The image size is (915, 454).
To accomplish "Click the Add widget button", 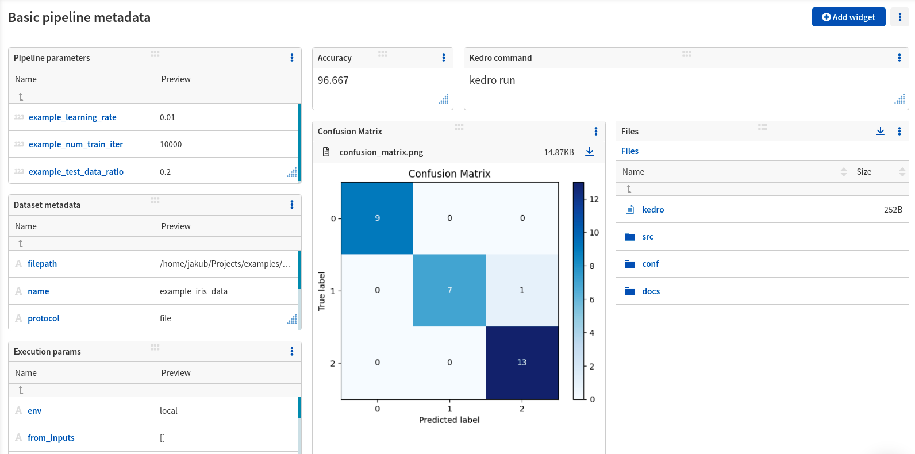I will pos(848,17).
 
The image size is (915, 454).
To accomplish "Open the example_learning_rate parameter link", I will pos(72,117).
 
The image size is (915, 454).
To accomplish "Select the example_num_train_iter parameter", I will pos(76,144).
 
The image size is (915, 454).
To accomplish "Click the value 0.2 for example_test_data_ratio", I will pos(165,172).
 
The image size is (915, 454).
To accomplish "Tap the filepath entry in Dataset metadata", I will pos(42,264).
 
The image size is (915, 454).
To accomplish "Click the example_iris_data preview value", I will pos(194,291).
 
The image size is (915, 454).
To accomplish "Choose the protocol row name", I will pos(44,318).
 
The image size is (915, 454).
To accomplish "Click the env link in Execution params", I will pos(34,411).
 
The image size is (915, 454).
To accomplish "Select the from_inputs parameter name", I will pos(51,438).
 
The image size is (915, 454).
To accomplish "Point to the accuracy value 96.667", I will pos(333,80).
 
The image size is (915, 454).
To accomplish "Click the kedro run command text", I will pos(492,80).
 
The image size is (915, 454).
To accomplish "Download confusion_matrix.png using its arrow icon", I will pos(589,152).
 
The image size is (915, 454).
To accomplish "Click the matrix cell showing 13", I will pos(522,363).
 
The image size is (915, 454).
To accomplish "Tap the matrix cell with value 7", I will pos(449,290).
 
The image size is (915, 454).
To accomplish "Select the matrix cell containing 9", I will pos(377,218).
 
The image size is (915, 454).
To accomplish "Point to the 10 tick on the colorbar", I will pos(594,233).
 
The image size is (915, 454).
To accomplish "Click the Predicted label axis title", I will pos(449,420).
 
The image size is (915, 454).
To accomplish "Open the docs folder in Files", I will pos(651,291).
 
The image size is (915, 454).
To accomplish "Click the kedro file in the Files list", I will pos(653,210).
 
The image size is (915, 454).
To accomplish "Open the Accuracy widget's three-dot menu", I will pos(444,58).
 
